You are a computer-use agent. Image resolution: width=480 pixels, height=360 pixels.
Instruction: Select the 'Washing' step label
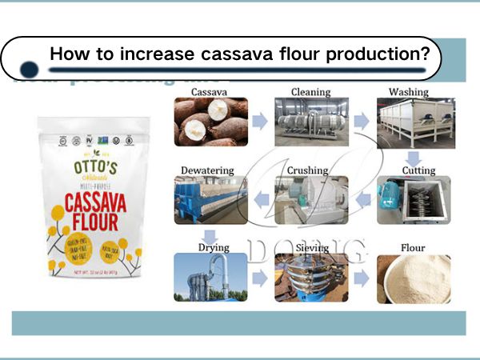tap(408, 92)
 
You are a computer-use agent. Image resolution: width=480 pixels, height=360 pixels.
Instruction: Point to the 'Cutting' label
tap(418, 170)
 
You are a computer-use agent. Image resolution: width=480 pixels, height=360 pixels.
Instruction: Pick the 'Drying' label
tap(214, 247)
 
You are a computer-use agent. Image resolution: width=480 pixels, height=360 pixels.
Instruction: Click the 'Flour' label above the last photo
tap(414, 247)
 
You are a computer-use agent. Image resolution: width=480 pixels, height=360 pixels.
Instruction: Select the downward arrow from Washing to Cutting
tap(414, 158)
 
